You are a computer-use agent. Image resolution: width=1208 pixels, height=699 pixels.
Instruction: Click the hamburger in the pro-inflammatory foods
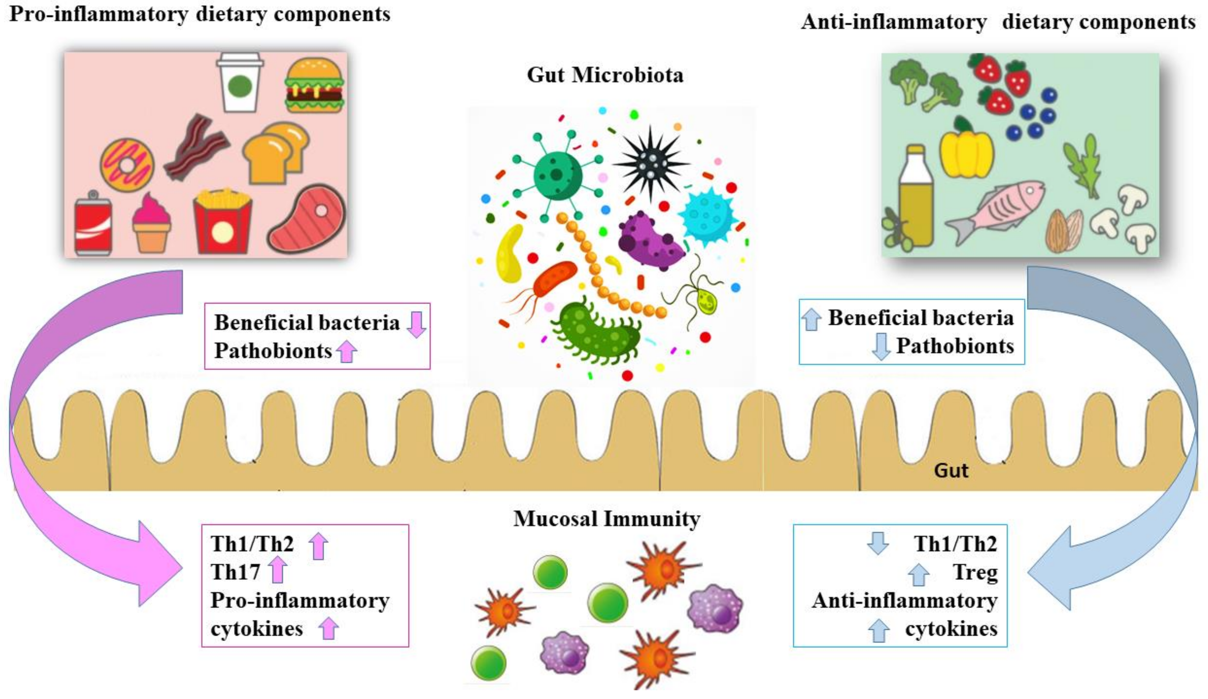click(314, 85)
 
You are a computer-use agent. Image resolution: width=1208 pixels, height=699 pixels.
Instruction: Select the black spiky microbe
click(651, 162)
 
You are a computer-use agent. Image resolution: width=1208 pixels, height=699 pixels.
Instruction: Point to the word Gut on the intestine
click(951, 471)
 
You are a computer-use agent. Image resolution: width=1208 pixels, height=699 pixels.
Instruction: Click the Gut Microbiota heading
click(605, 75)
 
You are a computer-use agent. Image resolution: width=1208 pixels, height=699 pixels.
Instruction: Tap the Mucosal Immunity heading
click(606, 519)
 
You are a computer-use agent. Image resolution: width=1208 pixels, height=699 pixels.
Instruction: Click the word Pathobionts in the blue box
click(955, 346)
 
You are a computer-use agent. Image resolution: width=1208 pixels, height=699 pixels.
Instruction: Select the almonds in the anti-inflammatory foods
click(1064, 230)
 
